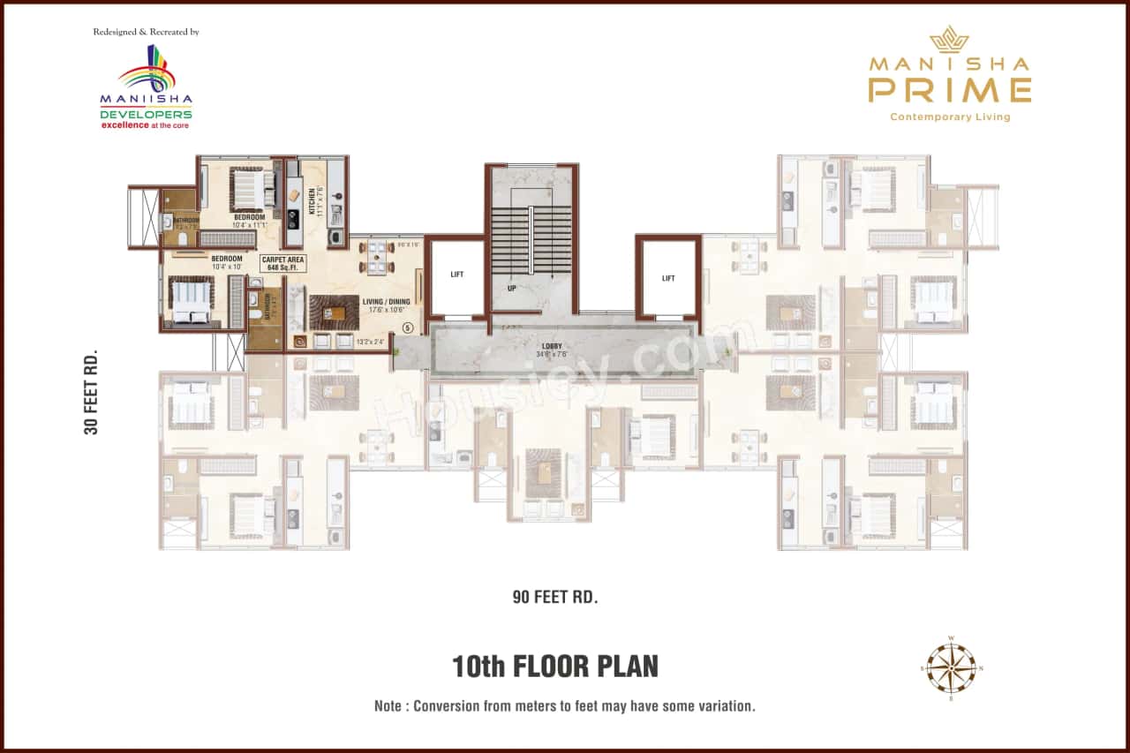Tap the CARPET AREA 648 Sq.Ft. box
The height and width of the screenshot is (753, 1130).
(x=283, y=263)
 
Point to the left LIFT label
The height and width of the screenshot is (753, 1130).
(x=456, y=275)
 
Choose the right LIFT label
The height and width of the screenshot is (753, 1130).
(x=668, y=278)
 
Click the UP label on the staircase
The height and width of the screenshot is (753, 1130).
(x=511, y=289)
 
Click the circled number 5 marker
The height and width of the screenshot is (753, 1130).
(x=407, y=328)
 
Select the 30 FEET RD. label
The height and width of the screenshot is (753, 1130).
(x=90, y=392)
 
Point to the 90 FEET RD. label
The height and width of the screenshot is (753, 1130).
(x=555, y=597)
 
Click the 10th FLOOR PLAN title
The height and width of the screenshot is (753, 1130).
(x=554, y=666)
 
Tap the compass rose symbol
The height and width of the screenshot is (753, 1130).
(x=951, y=668)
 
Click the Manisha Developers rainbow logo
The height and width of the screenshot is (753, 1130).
(x=149, y=70)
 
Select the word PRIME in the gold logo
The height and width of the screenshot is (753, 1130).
(x=949, y=89)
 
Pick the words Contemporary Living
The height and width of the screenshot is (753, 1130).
(x=950, y=117)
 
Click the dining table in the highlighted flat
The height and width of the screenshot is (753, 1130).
(x=377, y=257)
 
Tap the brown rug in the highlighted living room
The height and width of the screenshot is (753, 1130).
(x=334, y=312)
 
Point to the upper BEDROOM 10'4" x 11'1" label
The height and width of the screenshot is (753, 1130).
(x=249, y=221)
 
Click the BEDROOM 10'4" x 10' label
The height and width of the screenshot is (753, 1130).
(x=226, y=262)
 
